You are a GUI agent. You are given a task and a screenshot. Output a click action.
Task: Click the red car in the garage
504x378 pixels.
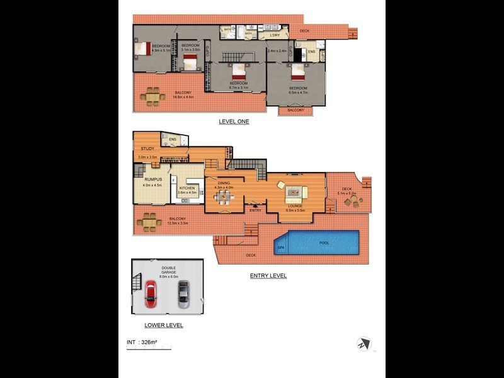[x=151, y=294]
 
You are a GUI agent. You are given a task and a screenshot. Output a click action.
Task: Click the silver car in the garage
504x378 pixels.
[x=183, y=294]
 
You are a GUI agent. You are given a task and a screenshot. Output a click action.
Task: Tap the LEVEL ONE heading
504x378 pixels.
[x=234, y=122]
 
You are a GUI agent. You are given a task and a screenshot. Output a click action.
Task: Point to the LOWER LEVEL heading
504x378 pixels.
[x=163, y=325]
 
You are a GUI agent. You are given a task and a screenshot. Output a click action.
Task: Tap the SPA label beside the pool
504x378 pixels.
[x=280, y=248]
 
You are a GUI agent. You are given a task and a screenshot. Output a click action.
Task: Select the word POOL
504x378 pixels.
[x=324, y=242]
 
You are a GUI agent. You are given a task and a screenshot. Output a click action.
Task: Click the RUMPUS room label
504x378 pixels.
[x=152, y=179]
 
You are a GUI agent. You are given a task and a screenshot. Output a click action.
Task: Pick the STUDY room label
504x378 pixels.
[x=147, y=149]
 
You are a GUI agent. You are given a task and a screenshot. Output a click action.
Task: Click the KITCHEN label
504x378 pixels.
[x=188, y=187]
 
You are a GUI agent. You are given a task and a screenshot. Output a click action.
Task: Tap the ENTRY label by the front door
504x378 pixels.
[x=255, y=210]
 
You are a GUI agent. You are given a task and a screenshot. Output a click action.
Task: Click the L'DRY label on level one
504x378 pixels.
[x=275, y=35]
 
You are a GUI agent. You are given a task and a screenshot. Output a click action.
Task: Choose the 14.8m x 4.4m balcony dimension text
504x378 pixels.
[x=183, y=97]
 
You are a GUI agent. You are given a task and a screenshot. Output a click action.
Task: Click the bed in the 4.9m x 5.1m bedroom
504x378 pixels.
[x=143, y=47]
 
